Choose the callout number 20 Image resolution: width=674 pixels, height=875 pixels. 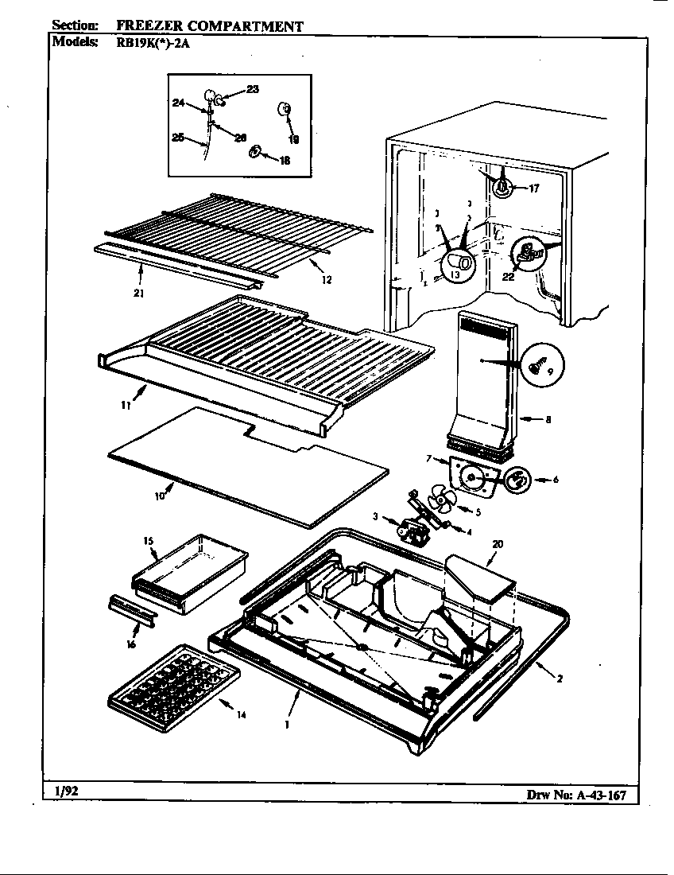(498, 544)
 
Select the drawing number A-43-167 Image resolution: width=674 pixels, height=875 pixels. (580, 795)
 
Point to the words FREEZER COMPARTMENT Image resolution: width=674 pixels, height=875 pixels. (210, 25)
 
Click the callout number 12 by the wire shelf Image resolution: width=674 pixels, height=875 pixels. (327, 279)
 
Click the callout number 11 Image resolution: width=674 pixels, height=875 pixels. (126, 405)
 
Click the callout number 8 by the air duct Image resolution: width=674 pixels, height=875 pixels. (548, 420)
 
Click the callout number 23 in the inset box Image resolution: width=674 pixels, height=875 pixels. (252, 90)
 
